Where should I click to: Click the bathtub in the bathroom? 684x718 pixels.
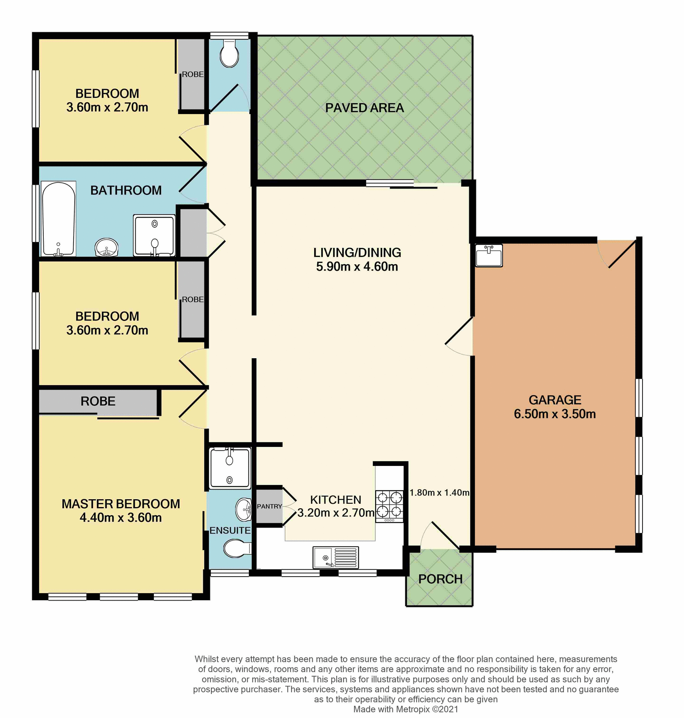tap(58, 219)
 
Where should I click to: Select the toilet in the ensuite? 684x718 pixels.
tap(236, 548)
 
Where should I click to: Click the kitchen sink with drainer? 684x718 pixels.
tap(336, 557)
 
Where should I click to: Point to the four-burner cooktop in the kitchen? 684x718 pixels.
tap(389, 504)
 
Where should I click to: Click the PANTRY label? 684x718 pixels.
tap(269, 506)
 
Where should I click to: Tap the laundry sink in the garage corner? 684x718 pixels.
tap(489, 255)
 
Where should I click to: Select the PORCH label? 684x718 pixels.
tap(440, 579)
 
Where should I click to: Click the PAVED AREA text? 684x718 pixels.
tap(364, 108)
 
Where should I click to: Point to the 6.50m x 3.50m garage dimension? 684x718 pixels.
tap(554, 414)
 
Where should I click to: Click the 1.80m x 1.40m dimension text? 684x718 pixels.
tap(439, 493)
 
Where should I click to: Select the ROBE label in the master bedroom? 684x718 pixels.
tap(98, 401)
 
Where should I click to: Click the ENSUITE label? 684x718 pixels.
tap(230, 530)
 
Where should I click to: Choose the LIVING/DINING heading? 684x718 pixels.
tap(357, 252)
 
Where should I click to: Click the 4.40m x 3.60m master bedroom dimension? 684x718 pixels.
tap(120, 518)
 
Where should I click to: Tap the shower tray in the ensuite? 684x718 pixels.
tap(229, 468)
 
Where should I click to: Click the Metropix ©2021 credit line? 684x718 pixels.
tap(405, 709)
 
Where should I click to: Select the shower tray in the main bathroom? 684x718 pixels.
tap(154, 235)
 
